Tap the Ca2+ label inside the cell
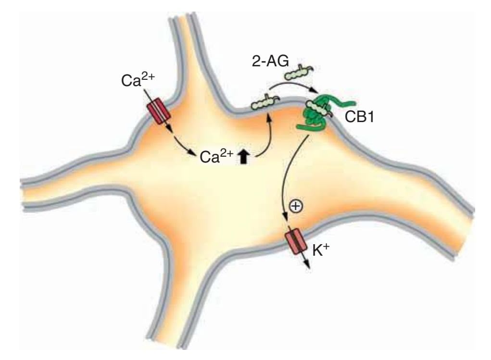click(x=214, y=157)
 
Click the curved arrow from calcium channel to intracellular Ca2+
click(x=183, y=145)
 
